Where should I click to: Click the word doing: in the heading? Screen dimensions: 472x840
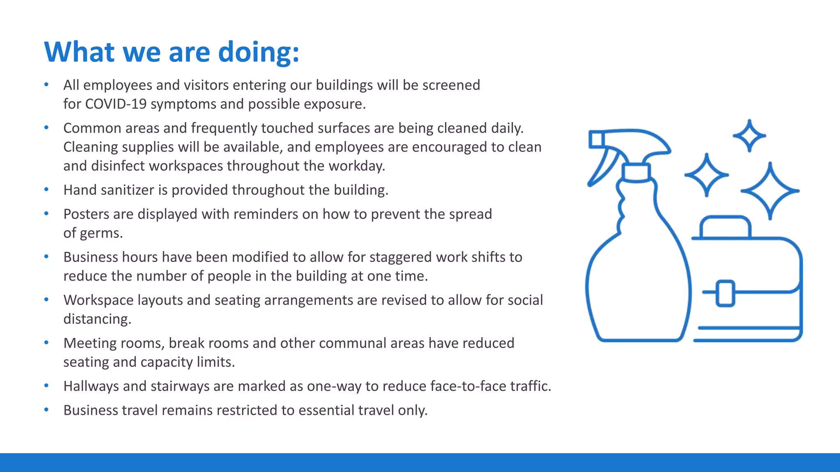(x=258, y=52)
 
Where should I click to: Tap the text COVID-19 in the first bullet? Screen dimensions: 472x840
(x=116, y=104)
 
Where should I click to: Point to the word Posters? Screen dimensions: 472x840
(x=86, y=214)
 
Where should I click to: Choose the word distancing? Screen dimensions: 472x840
(x=97, y=319)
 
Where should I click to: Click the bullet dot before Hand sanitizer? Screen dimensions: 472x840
(x=46, y=190)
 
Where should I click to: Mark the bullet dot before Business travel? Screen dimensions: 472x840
(x=46, y=410)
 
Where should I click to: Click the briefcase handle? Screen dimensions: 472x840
(x=725, y=225)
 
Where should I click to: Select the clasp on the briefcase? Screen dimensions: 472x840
(x=725, y=293)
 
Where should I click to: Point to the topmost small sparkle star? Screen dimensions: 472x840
(x=749, y=136)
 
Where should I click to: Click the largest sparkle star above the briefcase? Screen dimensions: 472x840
(x=770, y=191)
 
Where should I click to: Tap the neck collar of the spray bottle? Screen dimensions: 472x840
(x=636, y=172)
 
